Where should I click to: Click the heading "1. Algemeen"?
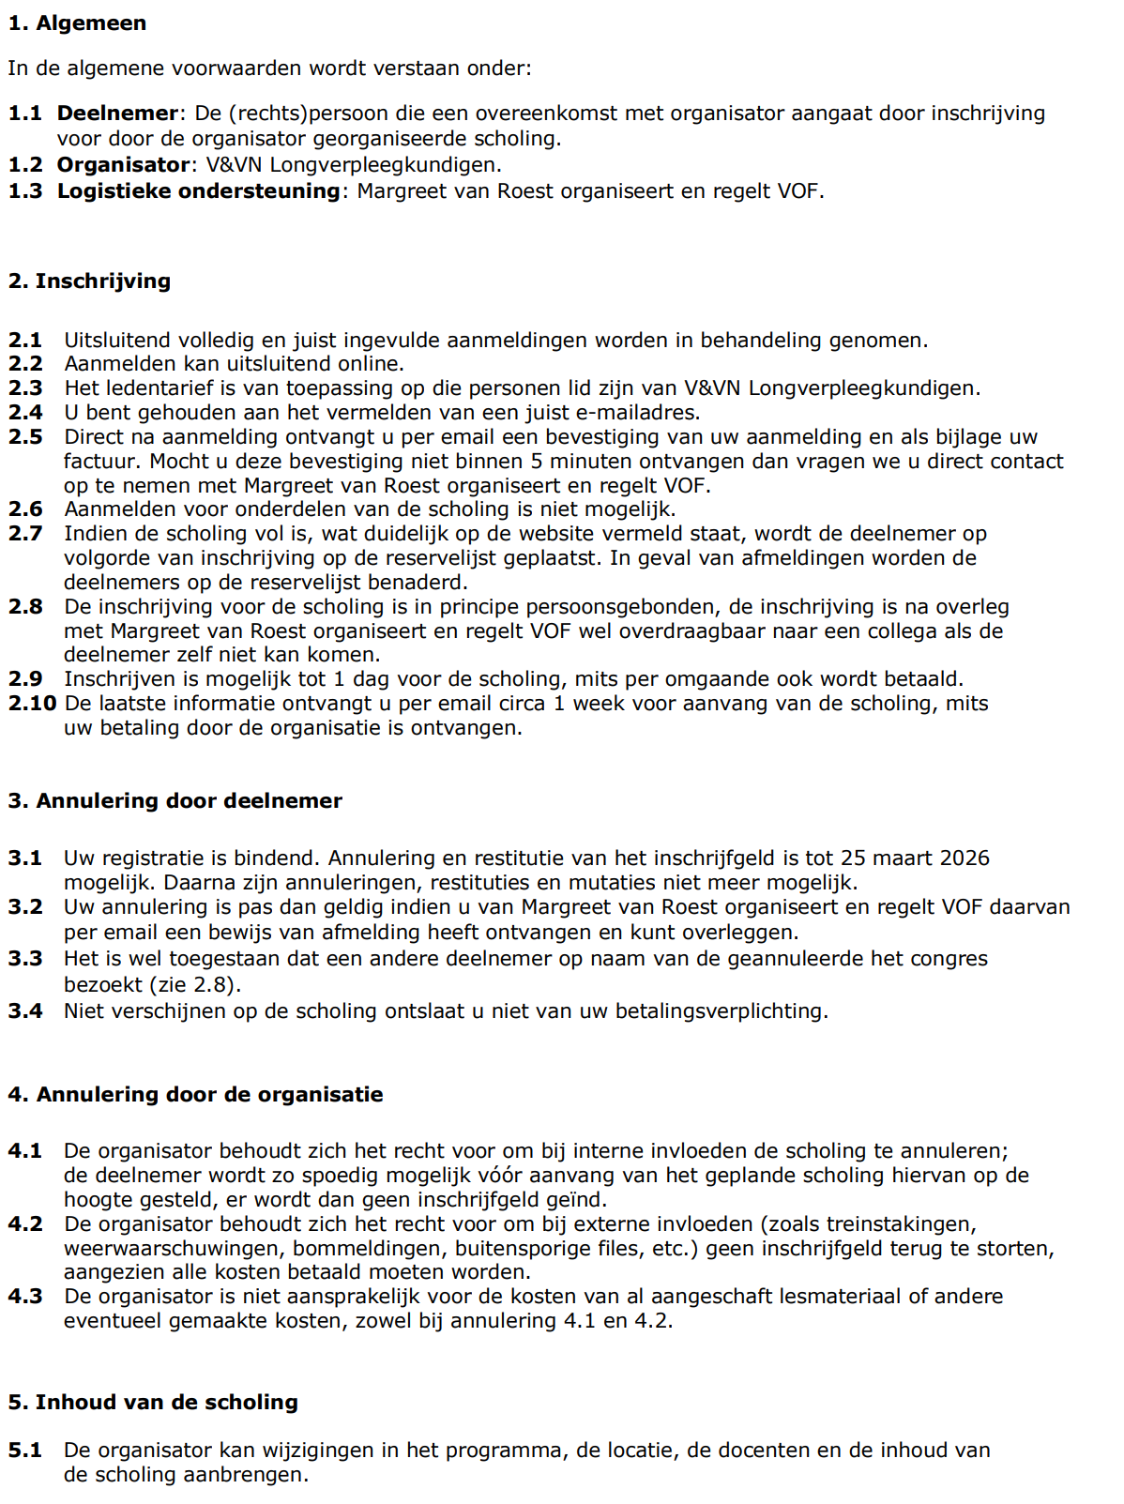tap(77, 23)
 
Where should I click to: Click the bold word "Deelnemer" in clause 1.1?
tap(116, 114)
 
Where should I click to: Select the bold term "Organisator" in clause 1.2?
tap(123, 165)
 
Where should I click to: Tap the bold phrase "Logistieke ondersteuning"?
tap(198, 191)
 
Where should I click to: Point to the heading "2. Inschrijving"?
tap(89, 281)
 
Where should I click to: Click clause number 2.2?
tap(25, 364)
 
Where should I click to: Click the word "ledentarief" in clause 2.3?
tap(154, 388)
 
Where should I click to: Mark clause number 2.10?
tap(32, 704)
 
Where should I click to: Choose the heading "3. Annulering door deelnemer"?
tap(175, 801)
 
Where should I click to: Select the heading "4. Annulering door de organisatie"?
tap(195, 1095)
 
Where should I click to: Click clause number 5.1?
tap(25, 1451)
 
